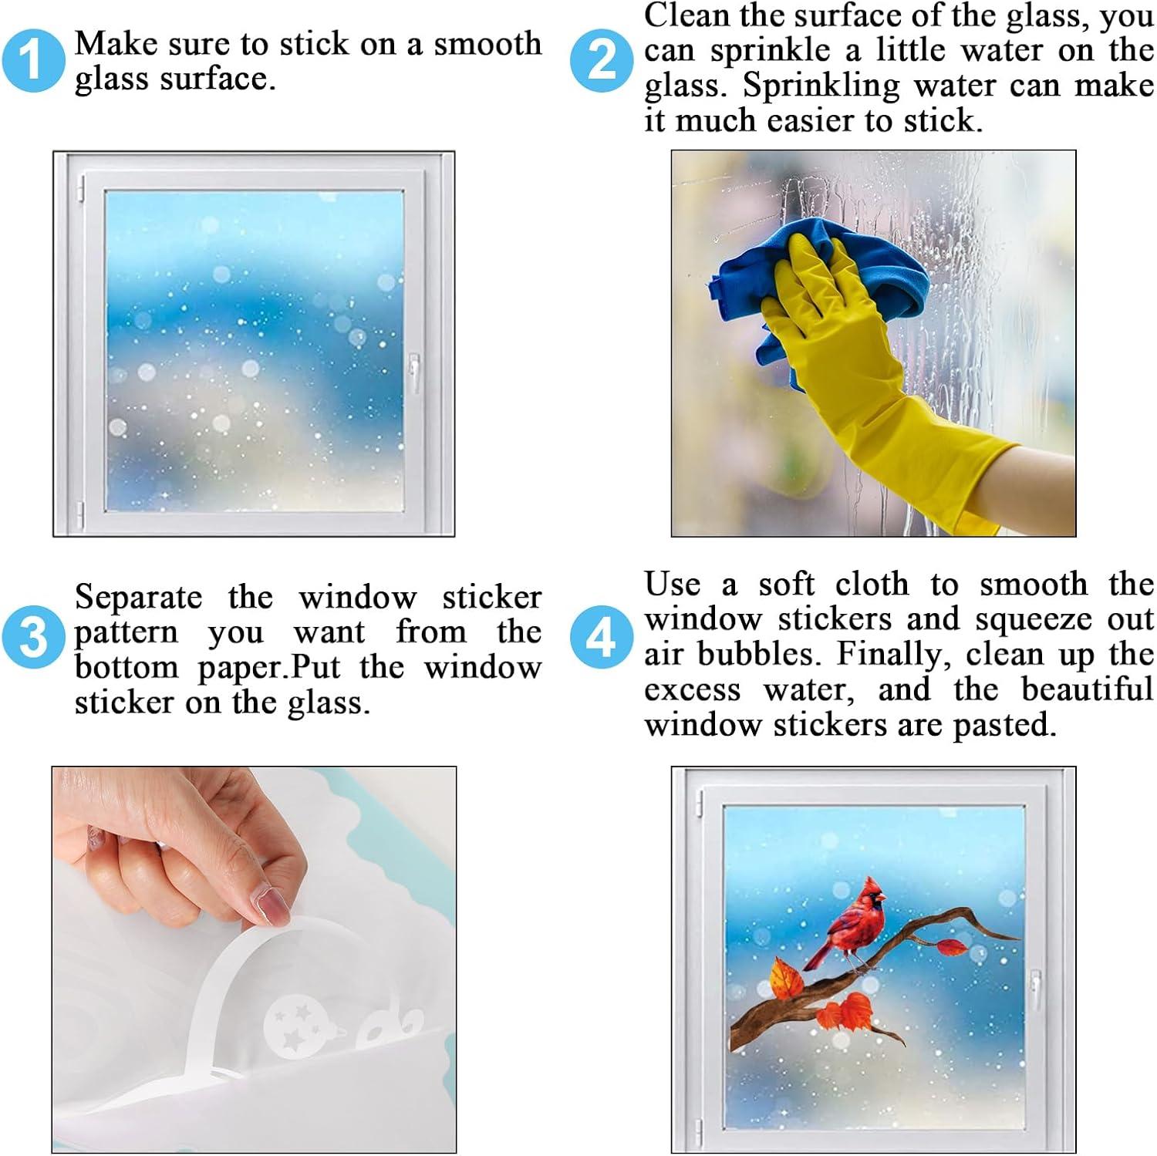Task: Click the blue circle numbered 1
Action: click(x=32, y=59)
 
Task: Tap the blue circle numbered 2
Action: click(x=602, y=59)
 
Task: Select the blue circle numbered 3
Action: click(x=32, y=637)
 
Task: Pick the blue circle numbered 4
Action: click(x=602, y=637)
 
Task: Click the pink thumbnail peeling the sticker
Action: click(x=274, y=905)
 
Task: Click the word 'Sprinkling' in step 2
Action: click(x=821, y=86)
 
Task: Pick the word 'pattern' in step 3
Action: click(x=126, y=634)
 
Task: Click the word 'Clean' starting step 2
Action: click(x=686, y=15)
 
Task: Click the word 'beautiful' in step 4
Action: click(x=1088, y=689)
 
